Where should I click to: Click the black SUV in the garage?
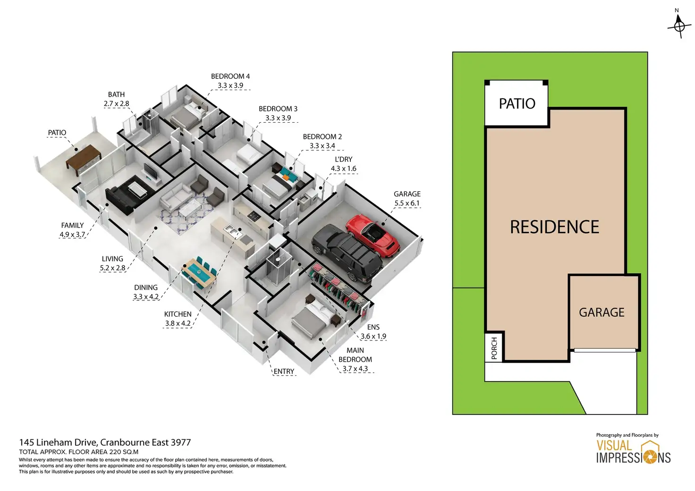coord(347,253)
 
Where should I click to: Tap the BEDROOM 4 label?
coord(230,76)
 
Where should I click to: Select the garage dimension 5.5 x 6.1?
coord(407,203)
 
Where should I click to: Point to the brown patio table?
coord(83,157)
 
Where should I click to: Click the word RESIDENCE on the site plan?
coord(554,227)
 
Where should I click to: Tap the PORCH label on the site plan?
coord(494,348)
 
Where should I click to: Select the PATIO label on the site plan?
coord(517,104)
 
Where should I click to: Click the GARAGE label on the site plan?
coord(602,313)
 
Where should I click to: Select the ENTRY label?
coord(284,372)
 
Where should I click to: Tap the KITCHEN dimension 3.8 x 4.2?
coord(178,323)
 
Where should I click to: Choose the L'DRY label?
coord(343,160)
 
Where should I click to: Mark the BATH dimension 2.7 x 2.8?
coord(116,104)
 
